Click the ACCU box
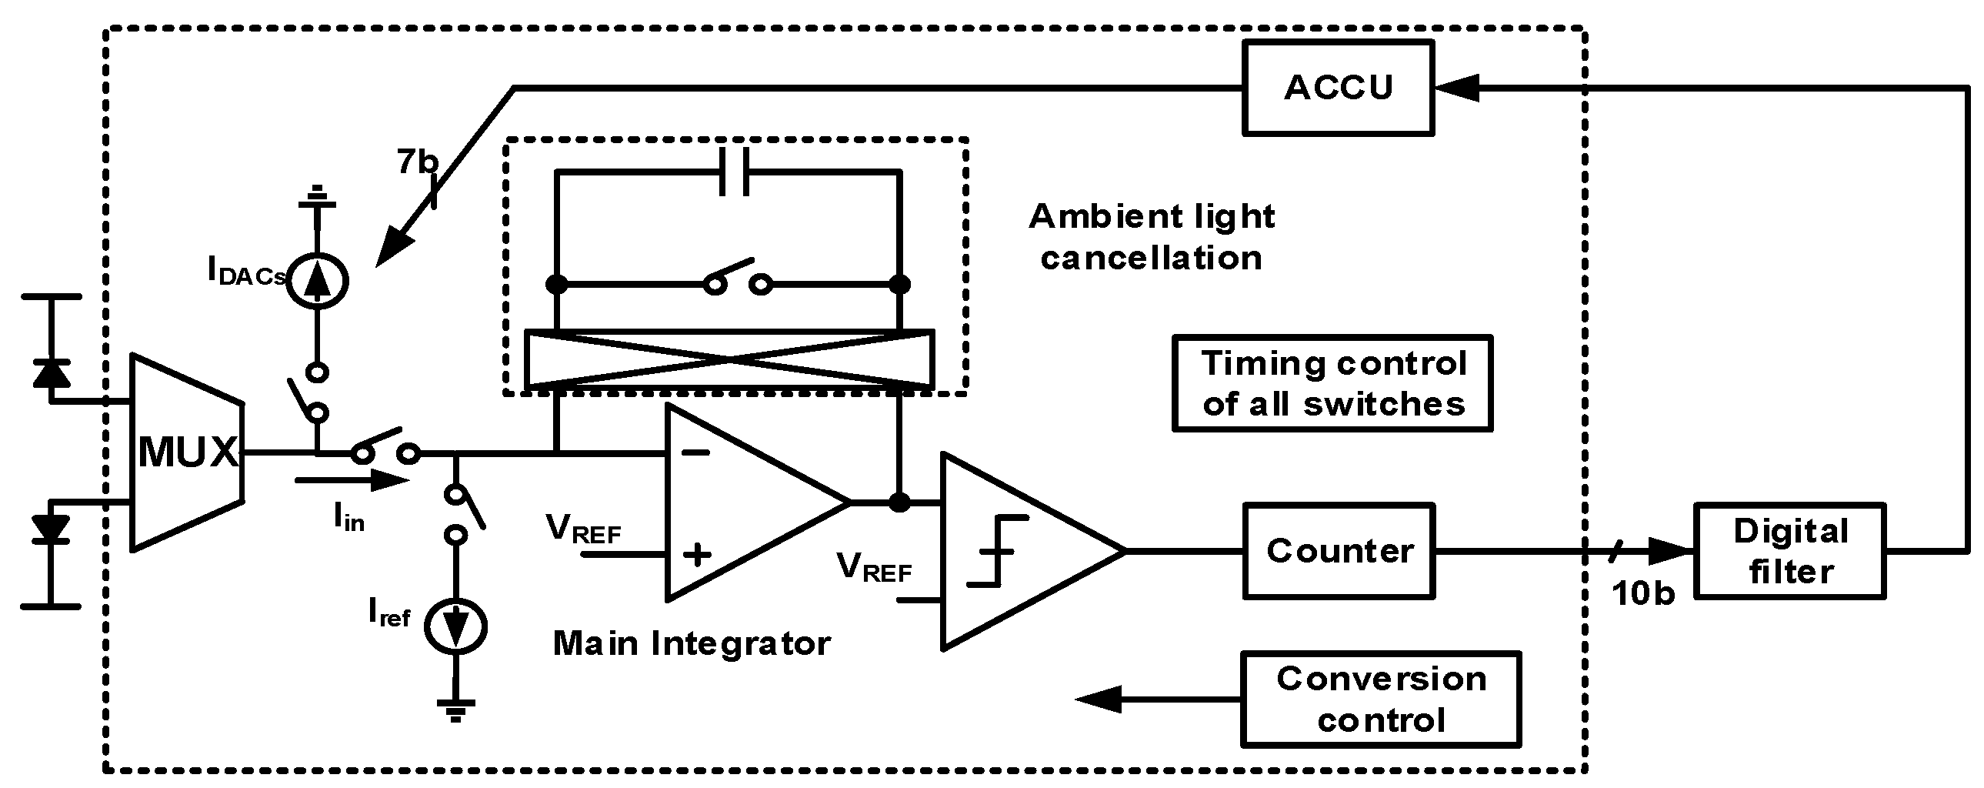click(1338, 88)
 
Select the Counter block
click(1339, 551)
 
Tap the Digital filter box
click(1790, 551)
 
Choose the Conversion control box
click(1381, 699)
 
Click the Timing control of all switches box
click(1332, 382)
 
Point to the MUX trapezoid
click(188, 452)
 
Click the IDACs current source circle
click(316, 280)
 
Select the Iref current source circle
click(456, 626)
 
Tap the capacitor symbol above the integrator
click(733, 172)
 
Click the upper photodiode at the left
click(52, 372)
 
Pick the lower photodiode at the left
click(52, 530)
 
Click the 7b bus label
click(417, 162)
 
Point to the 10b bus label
click(1642, 593)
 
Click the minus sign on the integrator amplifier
click(695, 452)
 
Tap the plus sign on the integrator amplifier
click(696, 554)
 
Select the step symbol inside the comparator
click(998, 551)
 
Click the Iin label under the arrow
click(349, 516)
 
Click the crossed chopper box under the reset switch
click(729, 359)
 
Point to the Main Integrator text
click(692, 643)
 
